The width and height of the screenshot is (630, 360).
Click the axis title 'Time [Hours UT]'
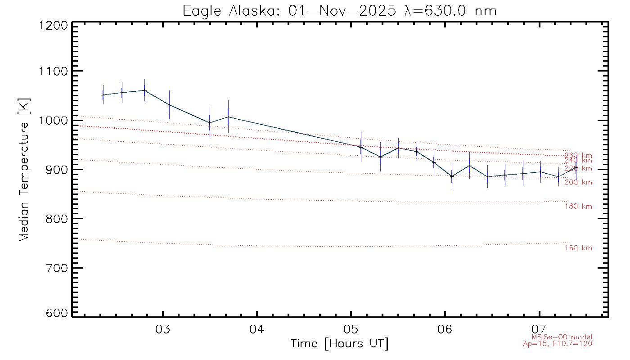(x=340, y=344)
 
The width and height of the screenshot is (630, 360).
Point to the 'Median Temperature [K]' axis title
(x=24, y=169)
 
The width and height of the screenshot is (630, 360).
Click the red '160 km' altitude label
(x=578, y=248)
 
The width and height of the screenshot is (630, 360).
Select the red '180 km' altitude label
(x=578, y=207)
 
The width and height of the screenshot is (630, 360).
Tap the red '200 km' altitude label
(x=578, y=182)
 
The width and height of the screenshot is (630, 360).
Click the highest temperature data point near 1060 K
(x=144, y=90)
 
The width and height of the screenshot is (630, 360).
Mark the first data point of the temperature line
(x=103, y=95)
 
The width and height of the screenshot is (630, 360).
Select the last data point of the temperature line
(x=576, y=167)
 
